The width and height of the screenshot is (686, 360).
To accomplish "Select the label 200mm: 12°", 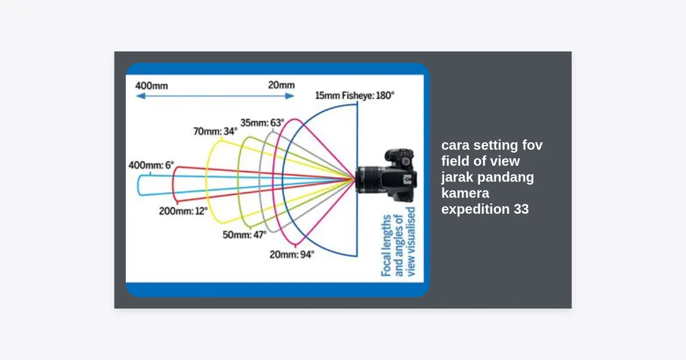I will click(183, 211).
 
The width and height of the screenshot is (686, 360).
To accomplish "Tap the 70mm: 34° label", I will click(215, 131).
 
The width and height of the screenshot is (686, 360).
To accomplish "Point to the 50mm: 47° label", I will click(245, 234).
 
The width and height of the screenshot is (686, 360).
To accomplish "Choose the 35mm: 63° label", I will click(262, 122).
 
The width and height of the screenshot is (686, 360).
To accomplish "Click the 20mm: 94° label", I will click(292, 255).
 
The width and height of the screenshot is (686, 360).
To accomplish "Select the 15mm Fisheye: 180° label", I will click(354, 95).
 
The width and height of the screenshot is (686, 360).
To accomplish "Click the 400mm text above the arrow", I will click(151, 86).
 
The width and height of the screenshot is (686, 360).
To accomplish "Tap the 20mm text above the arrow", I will click(281, 86).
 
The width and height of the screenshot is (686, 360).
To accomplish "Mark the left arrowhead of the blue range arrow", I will click(139, 97).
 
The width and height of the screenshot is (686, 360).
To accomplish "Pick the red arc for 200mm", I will click(174, 184).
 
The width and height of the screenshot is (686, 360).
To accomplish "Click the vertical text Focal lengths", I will click(387, 246).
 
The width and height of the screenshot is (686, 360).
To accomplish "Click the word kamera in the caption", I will click(465, 193).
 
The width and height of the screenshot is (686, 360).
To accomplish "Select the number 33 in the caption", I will click(521, 209).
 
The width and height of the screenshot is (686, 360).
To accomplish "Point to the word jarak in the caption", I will click(458, 177).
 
